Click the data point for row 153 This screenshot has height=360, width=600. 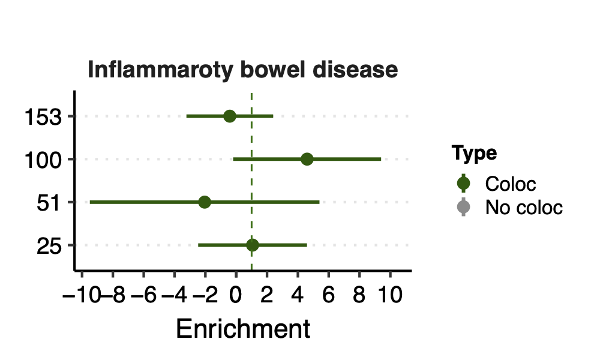(230, 116)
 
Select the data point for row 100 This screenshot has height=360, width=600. (307, 159)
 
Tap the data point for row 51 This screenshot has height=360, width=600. (205, 202)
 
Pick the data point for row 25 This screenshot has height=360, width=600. (252, 245)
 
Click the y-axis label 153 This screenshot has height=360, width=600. (43, 117)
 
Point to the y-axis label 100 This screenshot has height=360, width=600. (43, 160)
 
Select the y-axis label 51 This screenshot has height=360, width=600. (49, 203)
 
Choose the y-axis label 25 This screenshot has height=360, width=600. (49, 246)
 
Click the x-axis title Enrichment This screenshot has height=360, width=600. (243, 329)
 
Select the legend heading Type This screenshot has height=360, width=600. (474, 154)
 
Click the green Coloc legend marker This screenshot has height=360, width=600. (464, 183)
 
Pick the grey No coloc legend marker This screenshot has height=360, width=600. (464, 208)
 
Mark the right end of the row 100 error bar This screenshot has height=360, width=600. (380, 159)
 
